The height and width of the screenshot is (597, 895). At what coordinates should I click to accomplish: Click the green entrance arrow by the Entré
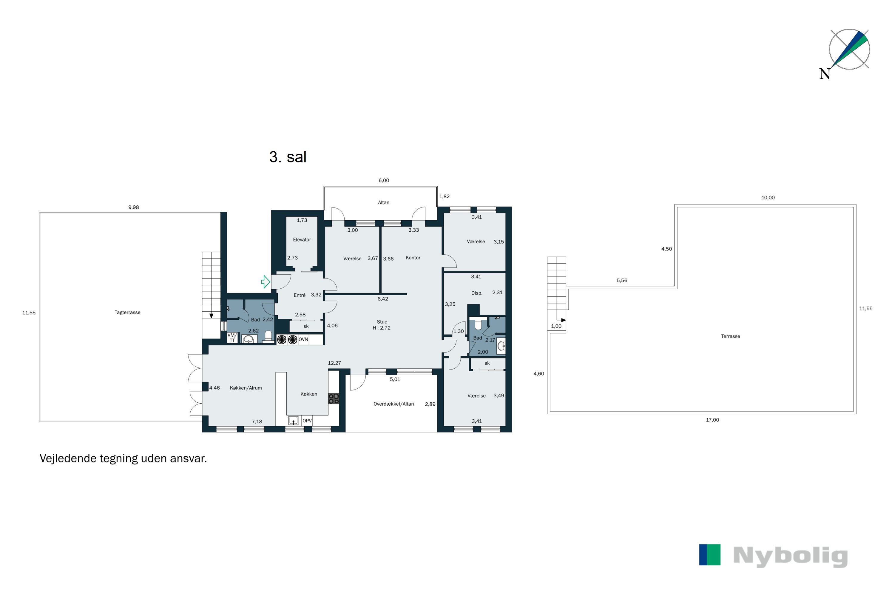pyautogui.click(x=266, y=282)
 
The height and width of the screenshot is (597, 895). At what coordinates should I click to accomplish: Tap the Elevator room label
pyautogui.click(x=302, y=239)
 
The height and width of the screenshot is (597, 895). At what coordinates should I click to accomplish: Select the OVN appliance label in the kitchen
pyautogui.click(x=303, y=339)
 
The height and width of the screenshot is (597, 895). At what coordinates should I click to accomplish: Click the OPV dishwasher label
pyautogui.click(x=307, y=421)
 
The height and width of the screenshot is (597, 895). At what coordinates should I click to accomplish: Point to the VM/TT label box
pyautogui.click(x=232, y=338)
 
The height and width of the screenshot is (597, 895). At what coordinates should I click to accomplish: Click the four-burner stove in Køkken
pyautogui.click(x=334, y=398)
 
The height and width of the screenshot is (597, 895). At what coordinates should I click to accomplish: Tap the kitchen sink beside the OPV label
pyautogui.click(x=293, y=421)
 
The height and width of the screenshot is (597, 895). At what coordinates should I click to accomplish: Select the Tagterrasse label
pyautogui.click(x=127, y=312)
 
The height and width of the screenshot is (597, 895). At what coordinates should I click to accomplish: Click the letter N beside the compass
pyautogui.click(x=824, y=74)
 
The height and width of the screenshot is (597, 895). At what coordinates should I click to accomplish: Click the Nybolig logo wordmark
pyautogui.click(x=790, y=556)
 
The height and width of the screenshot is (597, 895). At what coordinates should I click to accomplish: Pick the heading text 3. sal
pyautogui.click(x=288, y=157)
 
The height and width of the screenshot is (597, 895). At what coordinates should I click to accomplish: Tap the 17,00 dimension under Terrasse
pyautogui.click(x=712, y=420)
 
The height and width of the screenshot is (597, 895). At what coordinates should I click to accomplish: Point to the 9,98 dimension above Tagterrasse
pyautogui.click(x=134, y=207)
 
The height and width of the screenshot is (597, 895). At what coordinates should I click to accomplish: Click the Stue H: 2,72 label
pyautogui.click(x=382, y=325)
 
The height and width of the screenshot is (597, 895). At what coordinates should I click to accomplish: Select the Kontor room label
pyautogui.click(x=413, y=258)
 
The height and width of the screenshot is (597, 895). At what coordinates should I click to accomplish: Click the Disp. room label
pyautogui.click(x=476, y=293)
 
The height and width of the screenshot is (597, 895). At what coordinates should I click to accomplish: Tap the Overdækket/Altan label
pyautogui.click(x=394, y=404)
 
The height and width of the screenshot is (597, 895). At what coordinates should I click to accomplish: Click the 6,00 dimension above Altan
pyautogui.click(x=384, y=181)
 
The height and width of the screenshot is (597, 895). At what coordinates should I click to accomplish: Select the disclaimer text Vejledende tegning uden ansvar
pyautogui.click(x=123, y=458)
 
